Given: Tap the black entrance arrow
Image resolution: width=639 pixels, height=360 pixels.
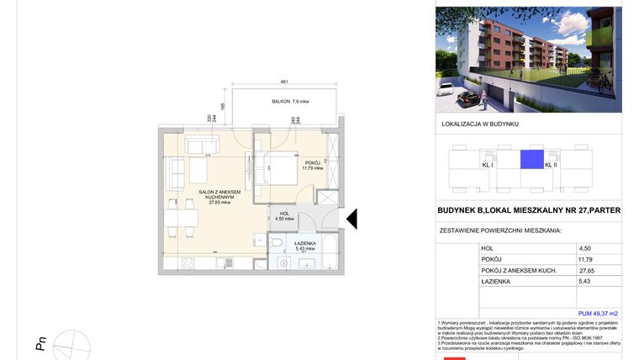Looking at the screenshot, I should click(352, 219).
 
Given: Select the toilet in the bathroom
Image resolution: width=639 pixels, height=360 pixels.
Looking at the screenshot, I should click(276, 242).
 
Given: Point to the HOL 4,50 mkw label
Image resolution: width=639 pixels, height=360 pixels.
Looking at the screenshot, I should click(284, 217).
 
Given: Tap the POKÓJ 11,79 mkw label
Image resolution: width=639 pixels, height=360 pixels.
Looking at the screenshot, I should click(314, 165).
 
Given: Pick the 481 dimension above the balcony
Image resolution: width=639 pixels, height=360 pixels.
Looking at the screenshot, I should click(284, 82).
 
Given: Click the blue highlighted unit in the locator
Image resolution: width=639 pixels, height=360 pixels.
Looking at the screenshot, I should click(531, 158).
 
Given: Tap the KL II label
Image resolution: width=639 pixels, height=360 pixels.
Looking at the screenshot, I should click(551, 165).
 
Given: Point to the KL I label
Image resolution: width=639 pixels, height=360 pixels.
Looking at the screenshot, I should click(487, 165).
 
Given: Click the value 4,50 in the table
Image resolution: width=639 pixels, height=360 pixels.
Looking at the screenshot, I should click(585, 248).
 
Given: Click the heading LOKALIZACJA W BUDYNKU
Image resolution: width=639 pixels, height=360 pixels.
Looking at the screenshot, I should click(480, 124).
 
